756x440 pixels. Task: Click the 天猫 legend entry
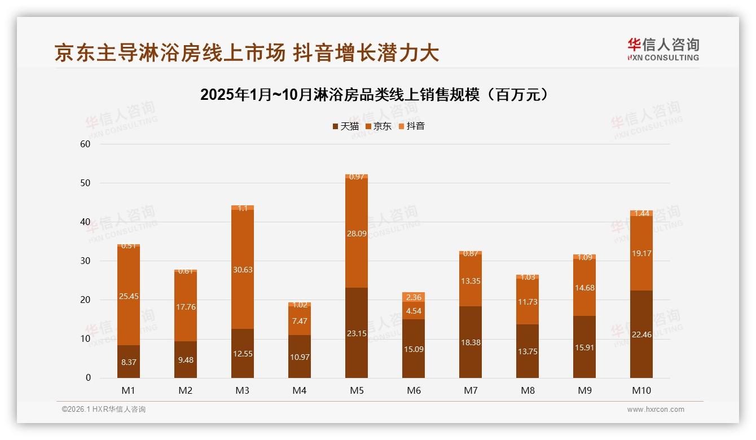coord(345,126)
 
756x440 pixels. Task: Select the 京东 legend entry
coord(378,126)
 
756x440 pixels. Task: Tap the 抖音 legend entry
coord(411,126)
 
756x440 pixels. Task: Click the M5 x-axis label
coord(357,390)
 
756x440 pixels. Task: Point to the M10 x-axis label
coord(641,390)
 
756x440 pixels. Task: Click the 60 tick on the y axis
coord(85,144)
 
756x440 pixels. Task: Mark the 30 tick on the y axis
coord(85,261)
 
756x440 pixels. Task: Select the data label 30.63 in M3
coord(243,270)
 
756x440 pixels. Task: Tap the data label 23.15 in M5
coord(357,333)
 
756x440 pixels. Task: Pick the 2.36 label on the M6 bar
coord(414,297)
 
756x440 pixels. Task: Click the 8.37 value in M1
coord(129,362)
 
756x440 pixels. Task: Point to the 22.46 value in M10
coord(641,335)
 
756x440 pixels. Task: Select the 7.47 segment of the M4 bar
coord(300,321)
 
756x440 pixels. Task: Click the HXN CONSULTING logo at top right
coord(663,50)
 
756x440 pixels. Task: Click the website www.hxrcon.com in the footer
coord(656,410)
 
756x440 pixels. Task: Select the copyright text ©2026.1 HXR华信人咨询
coord(104,410)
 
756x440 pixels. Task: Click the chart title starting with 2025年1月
coord(375,95)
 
